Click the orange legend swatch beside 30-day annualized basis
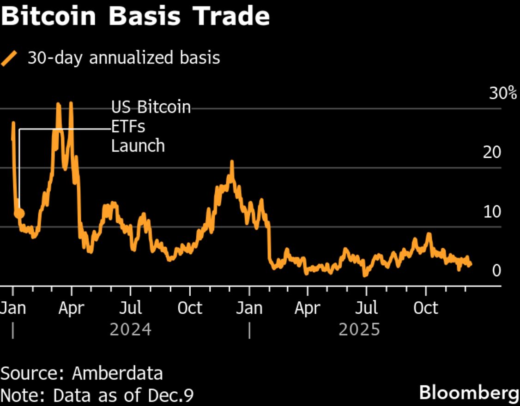[9, 59]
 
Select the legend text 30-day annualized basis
[124, 58]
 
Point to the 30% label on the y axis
[503, 94]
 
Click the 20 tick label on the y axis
[492, 152]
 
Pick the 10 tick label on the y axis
[492, 212]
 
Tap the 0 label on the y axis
[496, 270]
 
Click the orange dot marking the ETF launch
[19, 213]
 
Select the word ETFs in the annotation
[128, 126]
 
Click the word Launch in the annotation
[138, 146]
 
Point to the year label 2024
[131, 330]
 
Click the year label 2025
[359, 330]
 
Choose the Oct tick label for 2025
[425, 308]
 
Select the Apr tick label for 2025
[307, 308]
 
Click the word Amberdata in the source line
[117, 373]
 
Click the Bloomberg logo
[469, 393]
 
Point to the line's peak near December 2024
[232, 162]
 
